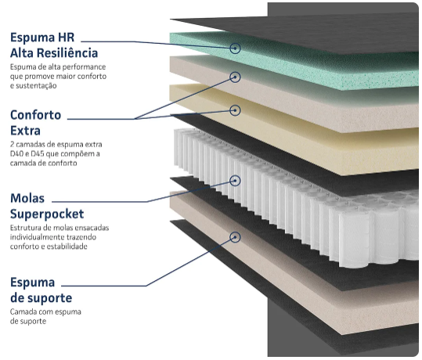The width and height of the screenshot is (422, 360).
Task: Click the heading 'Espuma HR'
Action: [x=42, y=38]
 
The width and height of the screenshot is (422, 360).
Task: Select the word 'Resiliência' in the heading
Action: [x=67, y=52]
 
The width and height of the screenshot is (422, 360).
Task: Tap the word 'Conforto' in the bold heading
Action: [x=36, y=116]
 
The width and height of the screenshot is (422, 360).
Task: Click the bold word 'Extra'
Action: [x=25, y=131]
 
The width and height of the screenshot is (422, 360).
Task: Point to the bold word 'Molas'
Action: [x=27, y=199]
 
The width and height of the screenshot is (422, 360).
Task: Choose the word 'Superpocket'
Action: [x=47, y=214]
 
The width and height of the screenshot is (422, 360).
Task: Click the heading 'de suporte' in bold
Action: [x=41, y=298]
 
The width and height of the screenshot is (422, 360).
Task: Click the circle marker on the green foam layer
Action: [x=235, y=49]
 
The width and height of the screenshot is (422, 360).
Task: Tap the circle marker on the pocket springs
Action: [x=235, y=181]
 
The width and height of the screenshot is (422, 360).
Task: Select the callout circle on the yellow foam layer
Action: [x=235, y=110]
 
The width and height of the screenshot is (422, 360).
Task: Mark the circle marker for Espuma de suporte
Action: [x=235, y=237]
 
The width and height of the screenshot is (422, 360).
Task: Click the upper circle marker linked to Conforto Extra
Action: [x=235, y=77]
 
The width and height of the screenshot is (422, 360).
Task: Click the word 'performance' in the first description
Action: [x=85, y=67]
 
